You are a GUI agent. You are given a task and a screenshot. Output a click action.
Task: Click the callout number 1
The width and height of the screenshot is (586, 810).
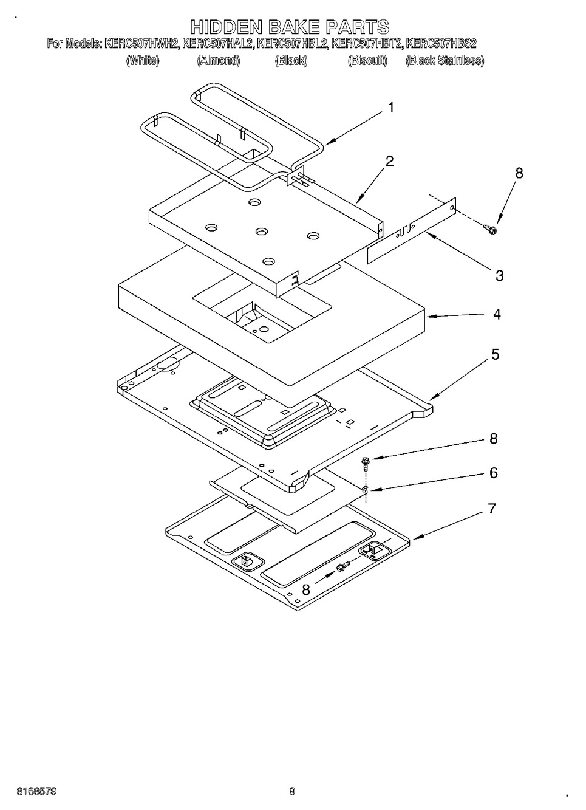[390, 108]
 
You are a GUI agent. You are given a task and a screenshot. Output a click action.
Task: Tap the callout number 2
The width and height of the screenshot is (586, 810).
[389, 161]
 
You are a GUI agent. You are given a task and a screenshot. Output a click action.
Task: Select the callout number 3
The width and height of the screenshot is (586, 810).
[499, 275]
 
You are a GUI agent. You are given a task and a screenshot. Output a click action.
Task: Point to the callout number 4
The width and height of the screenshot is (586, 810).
[497, 314]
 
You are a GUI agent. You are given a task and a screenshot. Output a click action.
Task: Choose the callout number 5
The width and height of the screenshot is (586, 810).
[495, 354]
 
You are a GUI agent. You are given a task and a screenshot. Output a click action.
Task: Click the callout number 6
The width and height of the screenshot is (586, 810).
[494, 473]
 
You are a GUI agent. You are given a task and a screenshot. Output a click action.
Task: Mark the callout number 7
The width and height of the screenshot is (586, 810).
[492, 509]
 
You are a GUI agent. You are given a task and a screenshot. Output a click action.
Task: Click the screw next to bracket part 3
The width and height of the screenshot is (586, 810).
[490, 228]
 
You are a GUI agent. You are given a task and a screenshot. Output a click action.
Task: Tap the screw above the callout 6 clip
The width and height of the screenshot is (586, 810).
[365, 463]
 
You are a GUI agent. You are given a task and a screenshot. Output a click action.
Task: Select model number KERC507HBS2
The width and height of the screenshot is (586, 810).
[441, 44]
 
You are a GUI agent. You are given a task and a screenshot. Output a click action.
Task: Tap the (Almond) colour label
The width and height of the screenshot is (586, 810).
[218, 61]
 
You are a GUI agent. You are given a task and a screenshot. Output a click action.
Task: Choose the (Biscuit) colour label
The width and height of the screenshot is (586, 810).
[367, 61]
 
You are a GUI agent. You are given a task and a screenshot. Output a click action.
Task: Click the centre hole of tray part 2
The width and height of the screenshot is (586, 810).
[261, 231]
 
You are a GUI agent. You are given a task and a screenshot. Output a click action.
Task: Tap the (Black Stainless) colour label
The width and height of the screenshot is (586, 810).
[445, 61]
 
